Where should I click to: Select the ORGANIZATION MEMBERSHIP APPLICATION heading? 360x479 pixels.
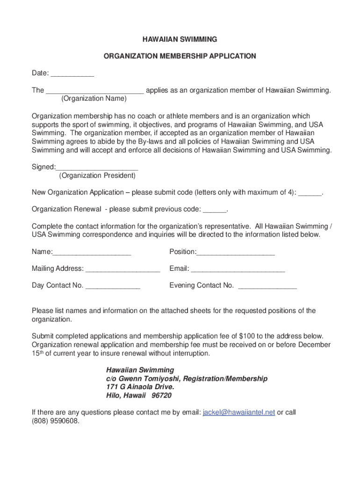tap(180, 56)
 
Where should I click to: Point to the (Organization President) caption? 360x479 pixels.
tap(97, 176)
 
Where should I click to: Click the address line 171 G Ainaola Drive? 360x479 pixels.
tap(140, 387)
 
